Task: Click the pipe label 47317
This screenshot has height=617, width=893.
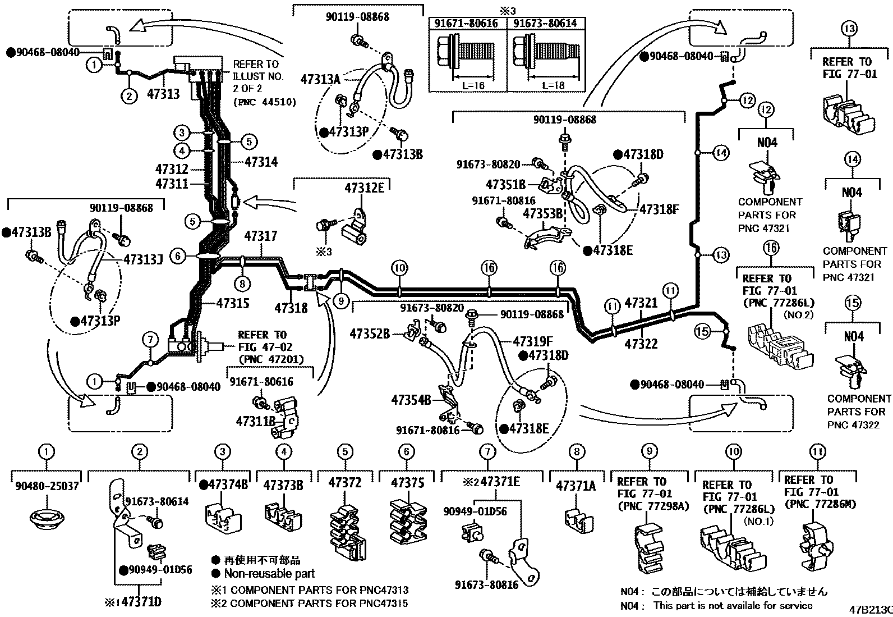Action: pyautogui.click(x=261, y=237)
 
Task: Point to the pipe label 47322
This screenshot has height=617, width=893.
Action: pyautogui.click(x=641, y=344)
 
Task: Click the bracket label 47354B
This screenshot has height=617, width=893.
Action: pyautogui.click(x=411, y=400)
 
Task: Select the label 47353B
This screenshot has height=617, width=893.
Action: pyautogui.click(x=542, y=214)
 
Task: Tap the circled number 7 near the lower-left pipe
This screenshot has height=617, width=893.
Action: pyautogui.click(x=150, y=339)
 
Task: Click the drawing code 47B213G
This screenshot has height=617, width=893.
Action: pyautogui.click(x=870, y=609)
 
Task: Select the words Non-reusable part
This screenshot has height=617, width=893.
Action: pyautogui.click(x=269, y=574)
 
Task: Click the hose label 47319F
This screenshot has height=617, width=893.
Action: pyautogui.click(x=533, y=340)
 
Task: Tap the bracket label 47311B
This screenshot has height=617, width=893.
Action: pyautogui.click(x=255, y=421)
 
